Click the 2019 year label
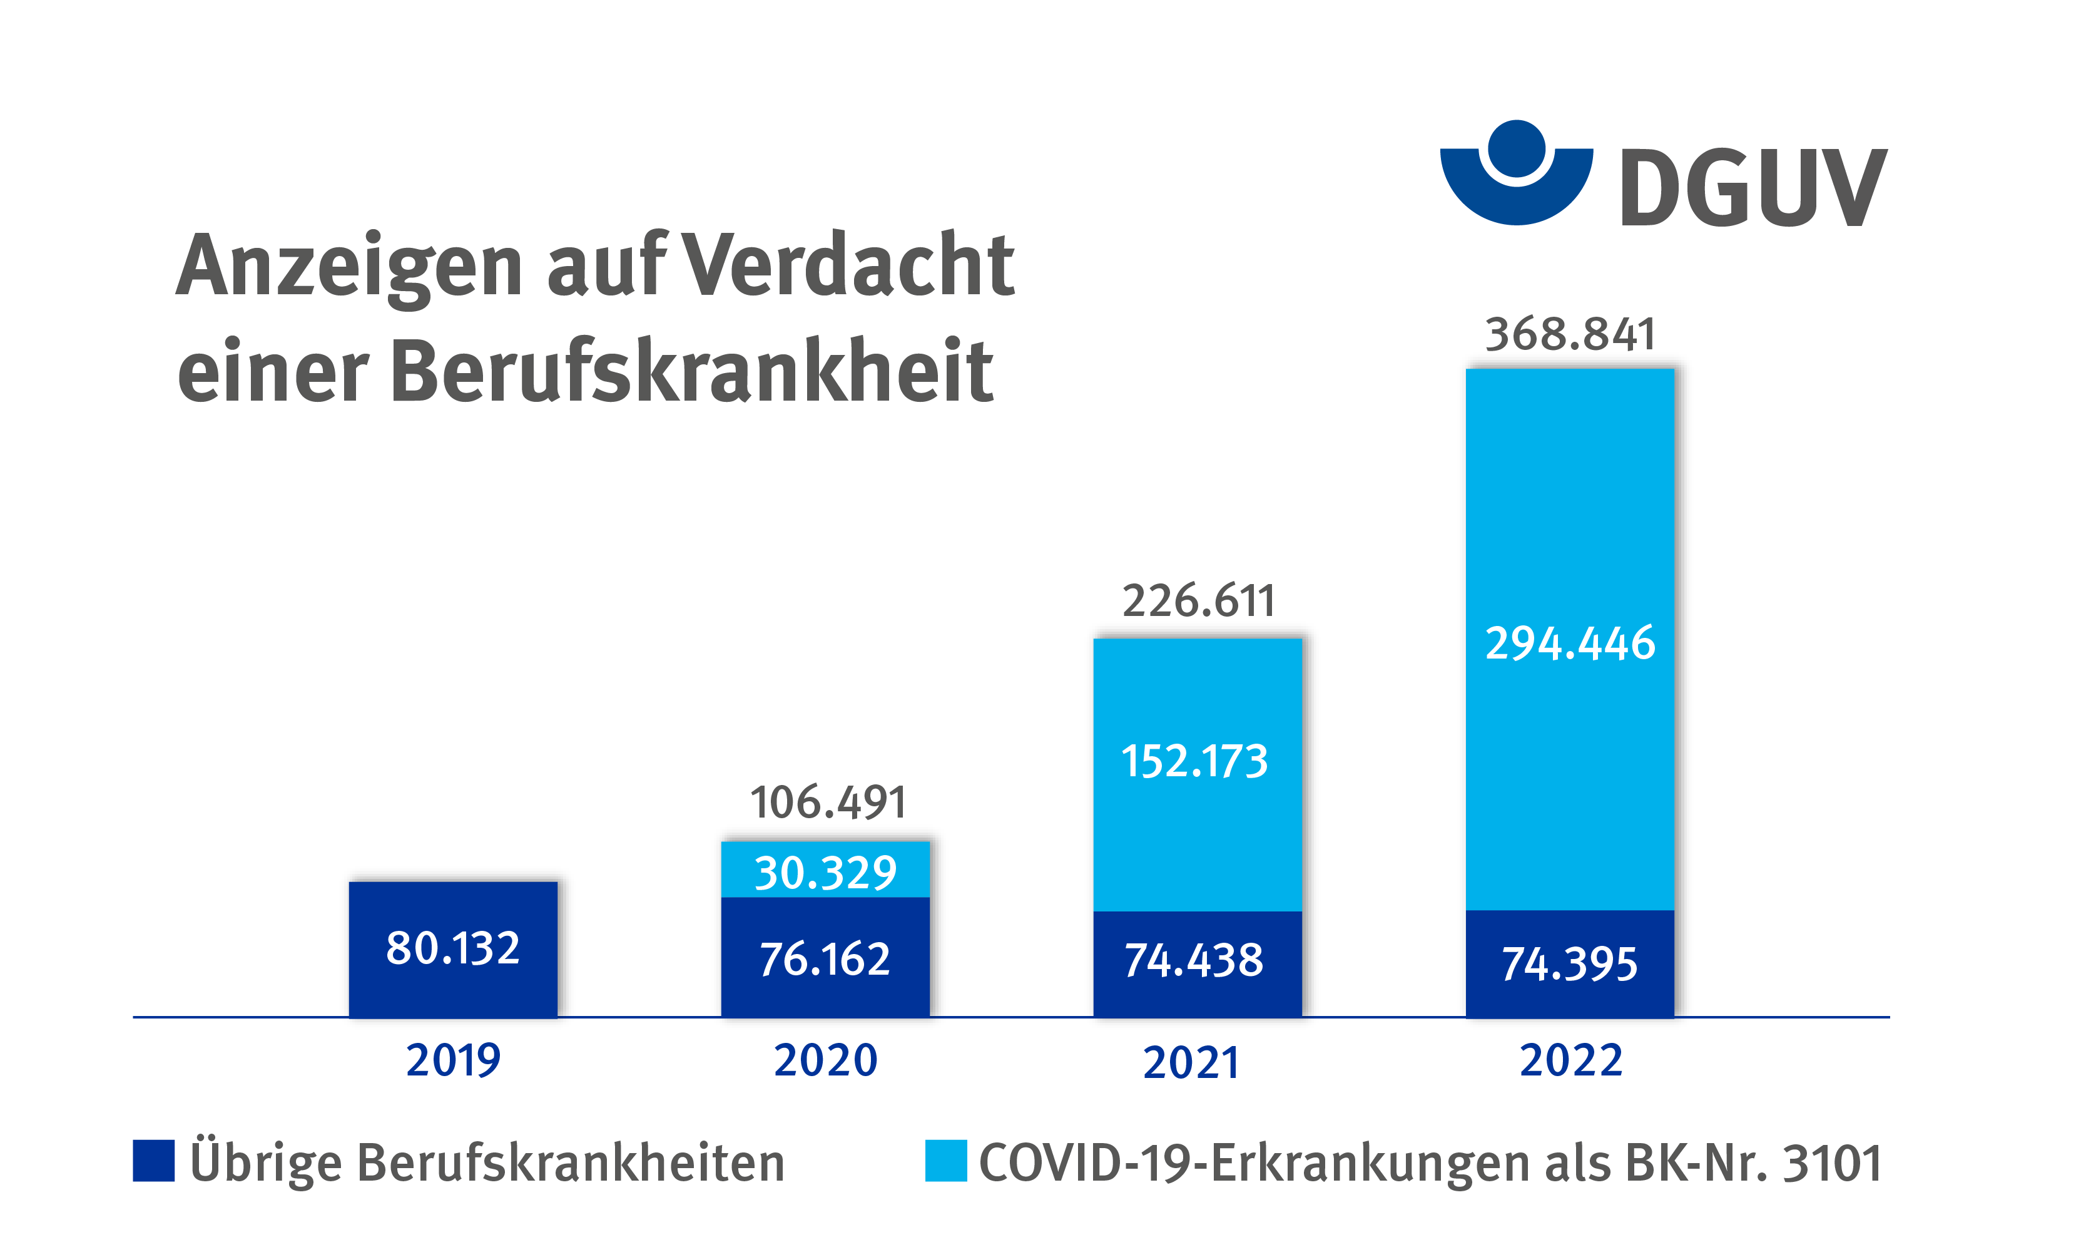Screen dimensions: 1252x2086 453,1060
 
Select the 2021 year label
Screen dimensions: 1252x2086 1191,1062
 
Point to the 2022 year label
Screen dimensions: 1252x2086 1571,1060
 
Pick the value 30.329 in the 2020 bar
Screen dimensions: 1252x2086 825,873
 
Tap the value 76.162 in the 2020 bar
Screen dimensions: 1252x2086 825,959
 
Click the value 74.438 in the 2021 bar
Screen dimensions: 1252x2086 1194,960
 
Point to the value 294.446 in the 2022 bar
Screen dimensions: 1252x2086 1570,643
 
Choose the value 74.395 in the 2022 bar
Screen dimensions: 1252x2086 1569,963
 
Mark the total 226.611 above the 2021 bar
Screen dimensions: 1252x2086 1198,601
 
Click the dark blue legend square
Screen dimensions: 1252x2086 153,1161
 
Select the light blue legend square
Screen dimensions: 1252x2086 945,1161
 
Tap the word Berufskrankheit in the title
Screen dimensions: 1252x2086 691,371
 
